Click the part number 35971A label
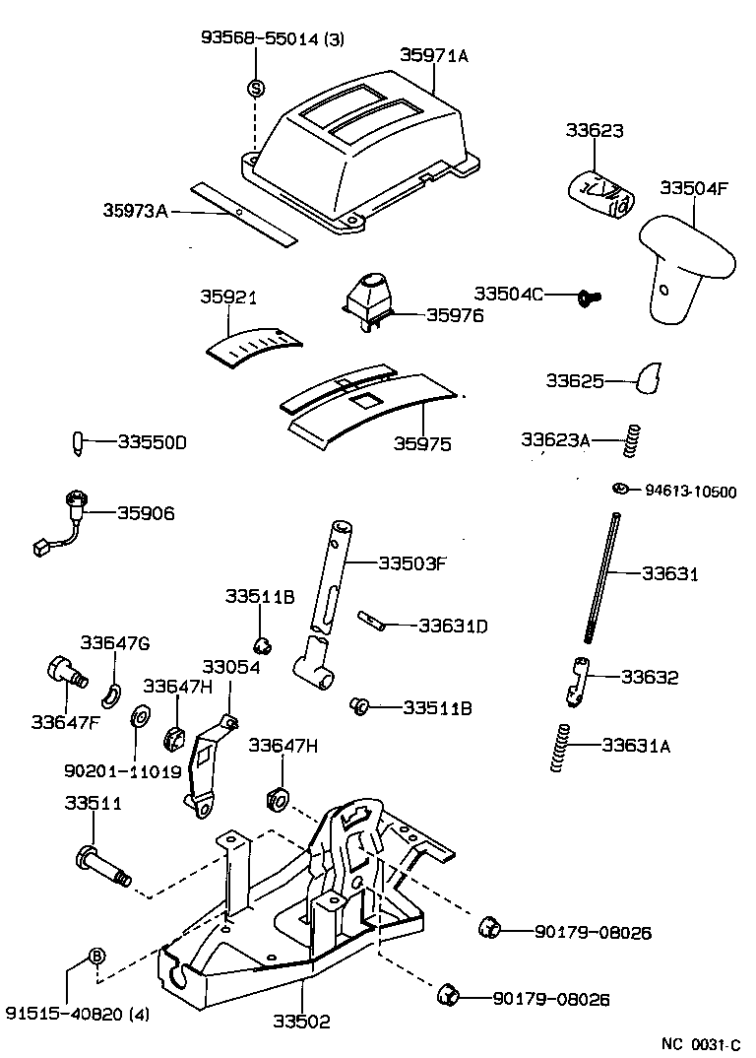coord(433,56)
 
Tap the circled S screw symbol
coord(255,89)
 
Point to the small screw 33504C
coord(591,295)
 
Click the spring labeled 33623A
coord(634,439)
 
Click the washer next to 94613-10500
coord(620,490)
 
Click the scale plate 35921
coord(254,347)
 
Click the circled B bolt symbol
coord(96,955)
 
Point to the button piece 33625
coord(649,377)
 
